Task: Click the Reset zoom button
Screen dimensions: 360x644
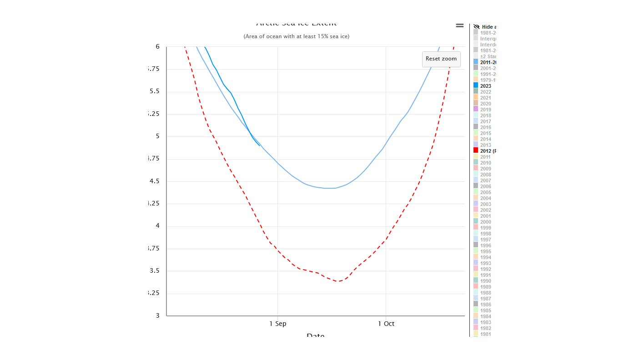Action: click(x=441, y=59)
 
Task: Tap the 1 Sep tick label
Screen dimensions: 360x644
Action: click(x=277, y=324)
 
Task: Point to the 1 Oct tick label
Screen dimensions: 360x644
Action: click(x=386, y=324)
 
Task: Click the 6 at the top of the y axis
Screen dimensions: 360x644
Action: click(x=157, y=46)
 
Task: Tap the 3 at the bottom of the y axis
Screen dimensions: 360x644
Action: click(x=157, y=315)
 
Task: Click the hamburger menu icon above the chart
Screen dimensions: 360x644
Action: click(x=460, y=25)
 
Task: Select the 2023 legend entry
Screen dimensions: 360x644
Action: click(x=485, y=86)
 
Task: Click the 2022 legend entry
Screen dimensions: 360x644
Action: click(x=485, y=92)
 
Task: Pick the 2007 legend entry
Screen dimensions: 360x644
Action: click(x=485, y=180)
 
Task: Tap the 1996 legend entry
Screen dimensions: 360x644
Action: click(x=485, y=245)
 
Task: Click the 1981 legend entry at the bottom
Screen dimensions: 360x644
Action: click(x=485, y=334)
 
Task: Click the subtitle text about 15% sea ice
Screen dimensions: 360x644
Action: click(x=297, y=36)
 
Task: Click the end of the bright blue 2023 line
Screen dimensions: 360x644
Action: click(x=260, y=145)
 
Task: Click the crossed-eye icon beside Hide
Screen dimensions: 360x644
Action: click(x=476, y=27)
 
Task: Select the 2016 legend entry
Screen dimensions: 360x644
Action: click(x=485, y=127)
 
